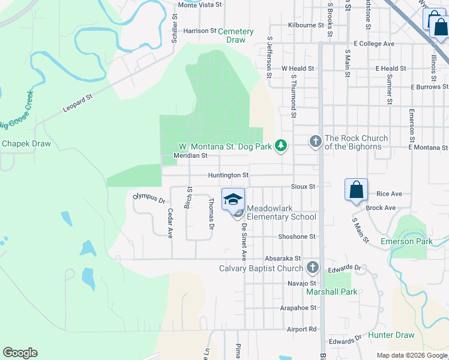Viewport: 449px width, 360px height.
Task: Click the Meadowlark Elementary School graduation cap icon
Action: pos(233,199)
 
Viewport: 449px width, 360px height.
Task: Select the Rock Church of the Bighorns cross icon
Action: pos(315,142)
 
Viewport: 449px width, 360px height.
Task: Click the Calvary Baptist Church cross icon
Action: pos(312,268)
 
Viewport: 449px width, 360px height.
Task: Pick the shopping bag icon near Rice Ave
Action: pos(356,190)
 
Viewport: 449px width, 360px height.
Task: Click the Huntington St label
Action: pos(228,175)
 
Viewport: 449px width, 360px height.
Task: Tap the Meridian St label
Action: pos(190,155)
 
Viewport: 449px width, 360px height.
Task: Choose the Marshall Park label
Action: pos(332,292)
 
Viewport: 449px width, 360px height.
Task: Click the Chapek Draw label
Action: pos(26,143)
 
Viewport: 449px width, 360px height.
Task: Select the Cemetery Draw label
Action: pos(235,35)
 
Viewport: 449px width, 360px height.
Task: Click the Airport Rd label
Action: pos(301,329)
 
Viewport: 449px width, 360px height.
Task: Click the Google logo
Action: pos(20,353)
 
